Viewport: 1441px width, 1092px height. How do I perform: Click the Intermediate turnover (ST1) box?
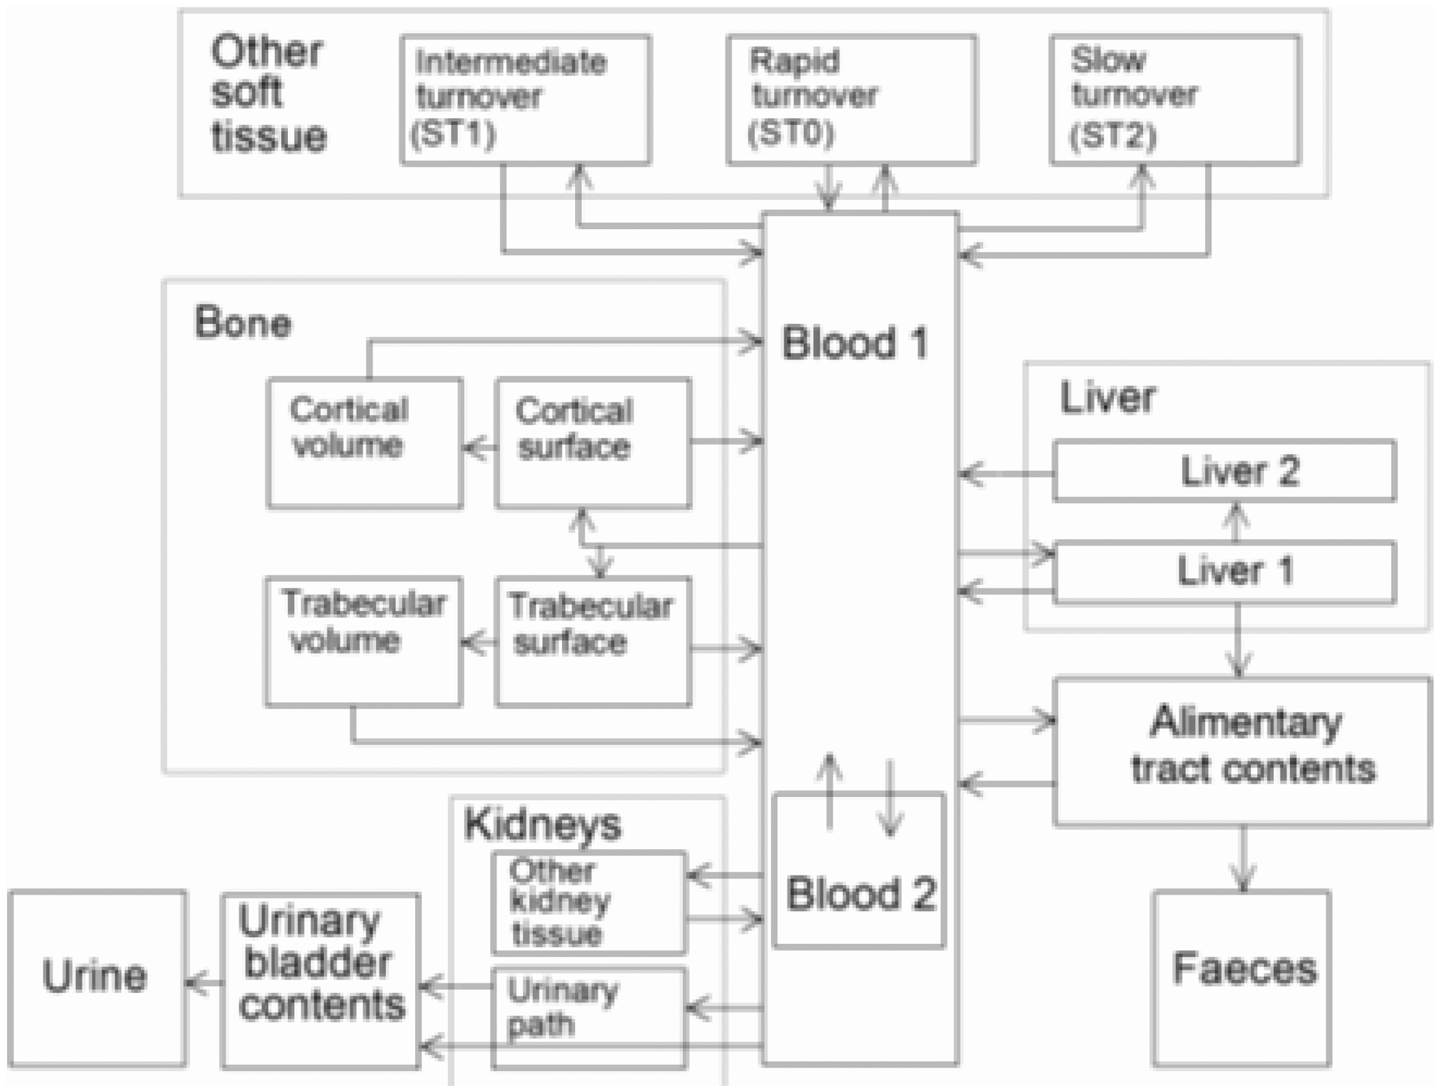(x=525, y=99)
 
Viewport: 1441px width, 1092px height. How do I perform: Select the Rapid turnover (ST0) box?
(x=851, y=99)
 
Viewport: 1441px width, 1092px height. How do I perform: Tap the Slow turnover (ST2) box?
(x=1175, y=99)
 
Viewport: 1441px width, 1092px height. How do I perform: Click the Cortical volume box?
(x=365, y=443)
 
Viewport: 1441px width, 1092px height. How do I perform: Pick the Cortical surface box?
(x=593, y=443)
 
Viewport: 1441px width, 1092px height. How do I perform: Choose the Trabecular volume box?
(x=364, y=642)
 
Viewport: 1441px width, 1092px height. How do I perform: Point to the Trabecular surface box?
(x=593, y=642)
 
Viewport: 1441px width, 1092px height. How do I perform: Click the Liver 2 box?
(x=1225, y=471)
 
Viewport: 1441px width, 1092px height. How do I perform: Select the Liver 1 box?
(x=1225, y=572)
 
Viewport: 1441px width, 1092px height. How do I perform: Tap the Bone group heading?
(x=242, y=322)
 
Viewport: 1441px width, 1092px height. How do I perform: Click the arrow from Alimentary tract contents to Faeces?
(x=1243, y=859)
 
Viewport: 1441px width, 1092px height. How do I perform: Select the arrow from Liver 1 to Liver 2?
(x=1237, y=521)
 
